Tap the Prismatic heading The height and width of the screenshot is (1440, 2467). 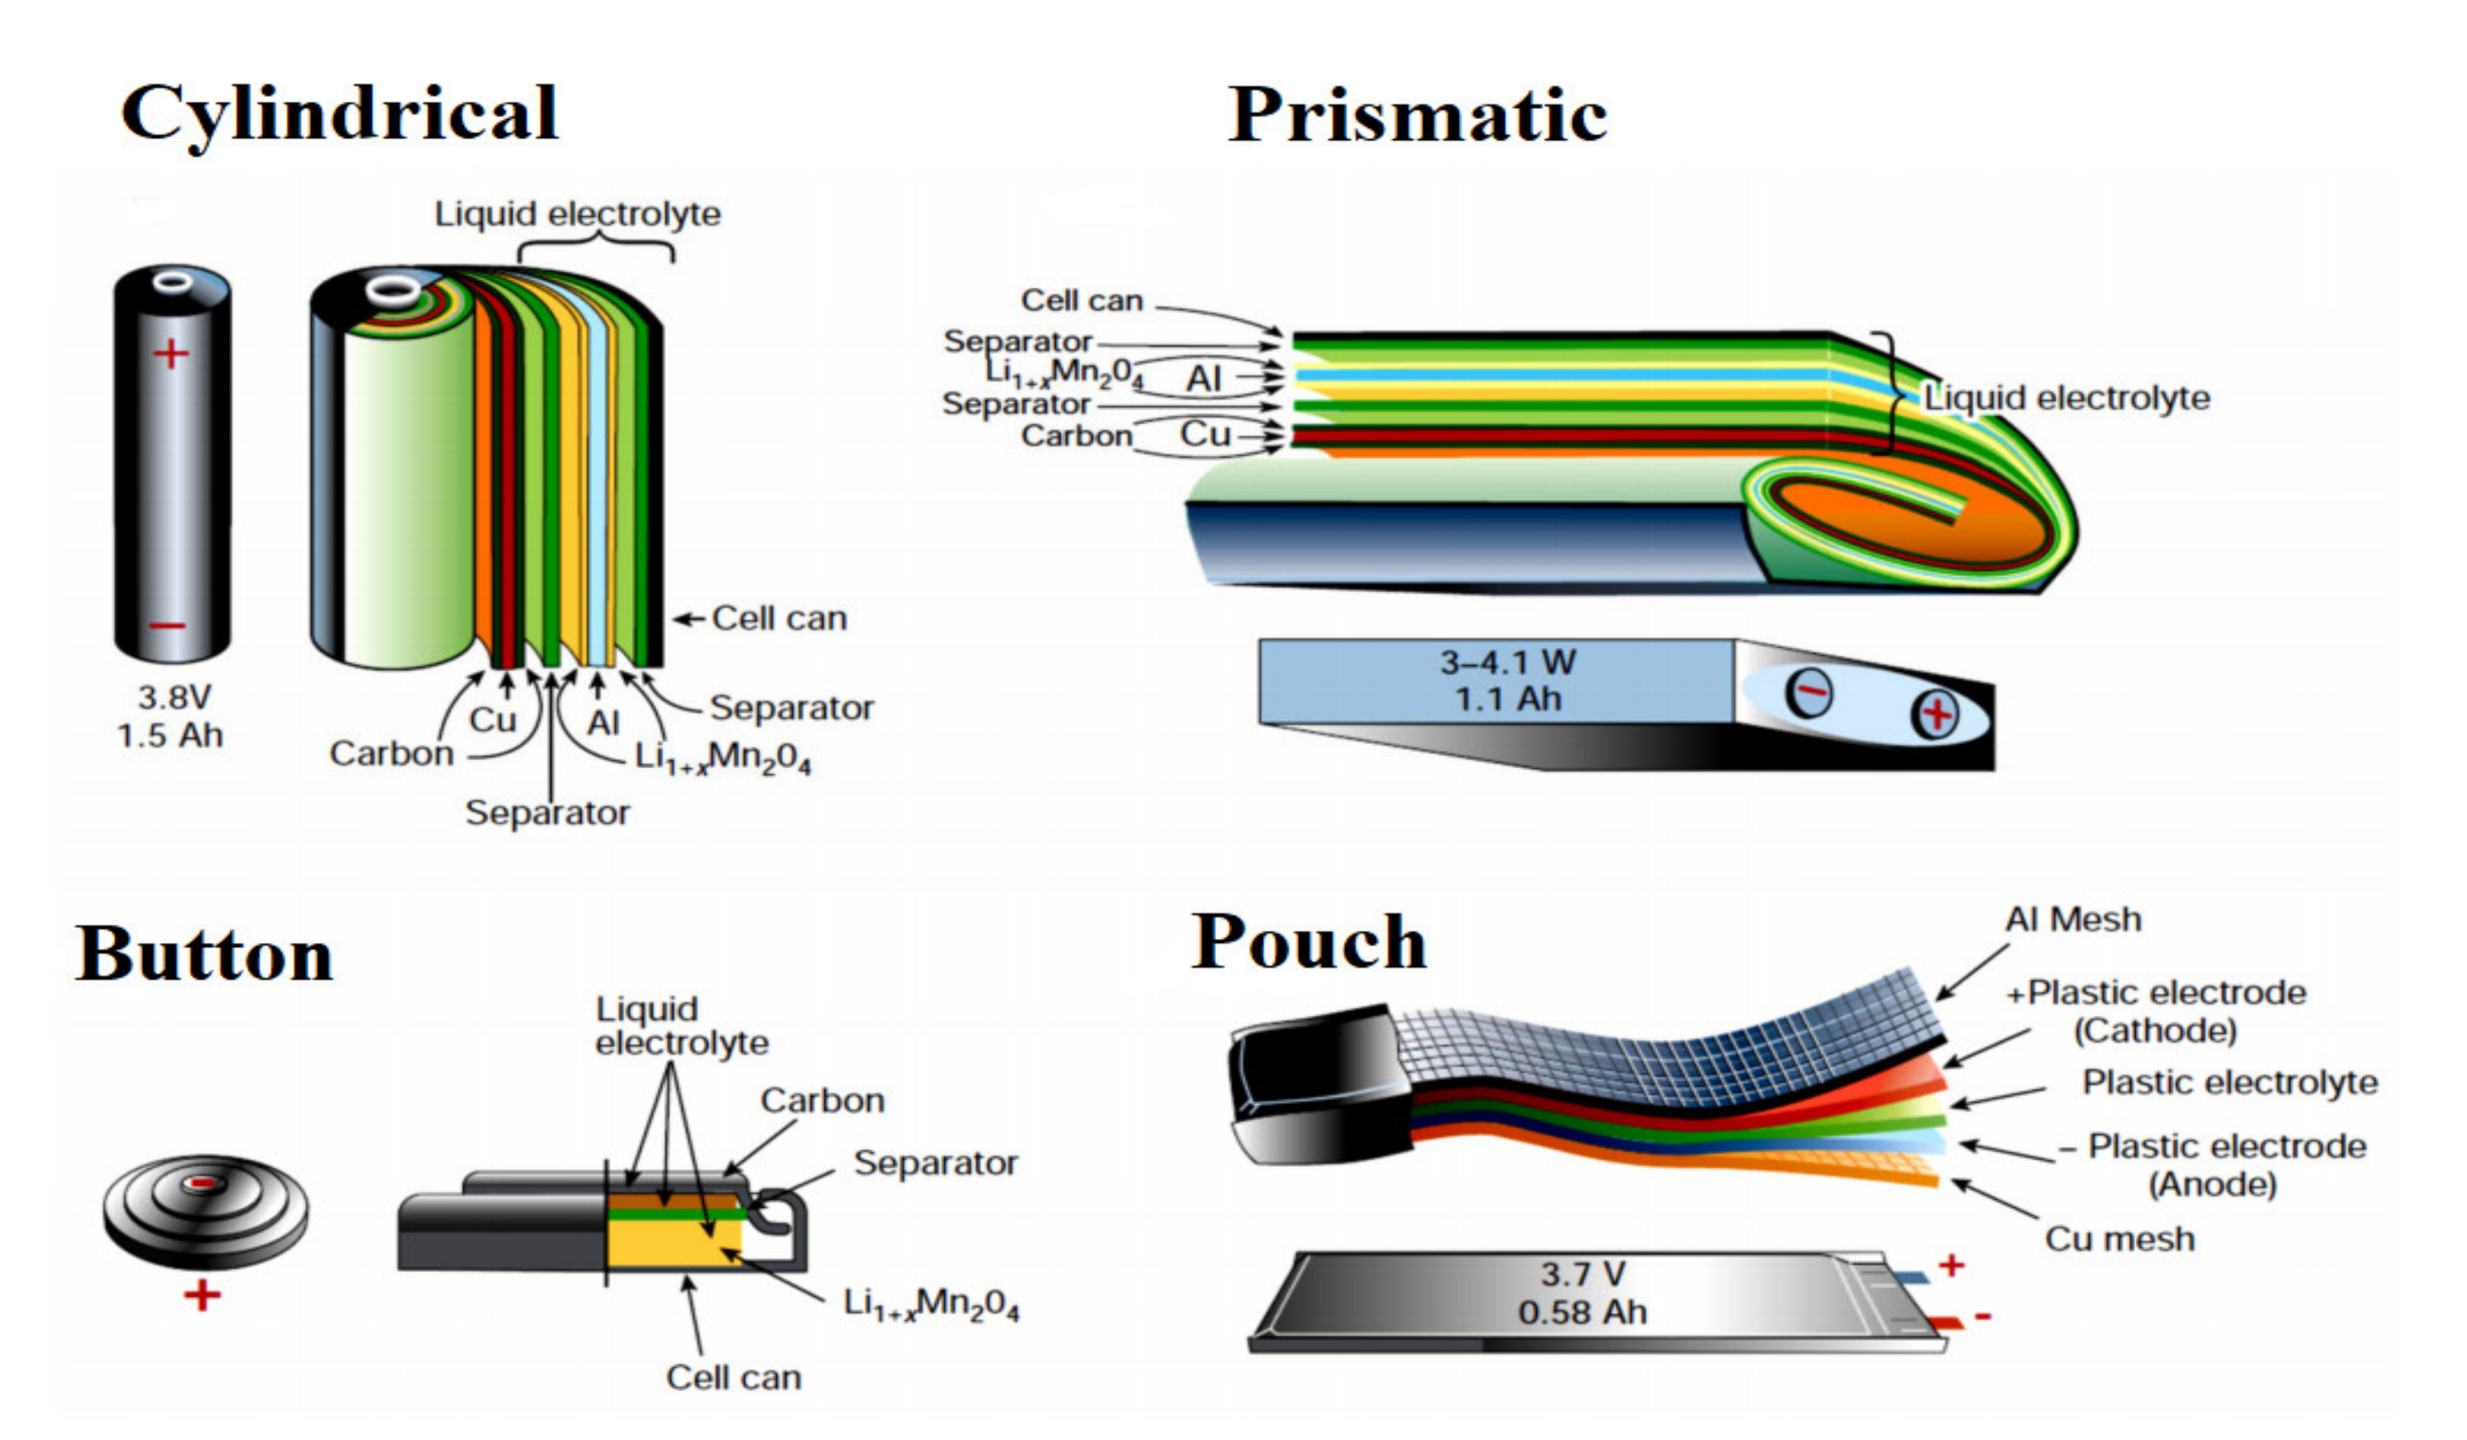coord(1416,115)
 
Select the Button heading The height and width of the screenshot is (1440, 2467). coord(205,953)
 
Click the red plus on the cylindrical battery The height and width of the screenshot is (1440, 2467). coord(172,353)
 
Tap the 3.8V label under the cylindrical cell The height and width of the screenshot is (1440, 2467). coord(173,698)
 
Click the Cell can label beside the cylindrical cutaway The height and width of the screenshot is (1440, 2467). coord(779,618)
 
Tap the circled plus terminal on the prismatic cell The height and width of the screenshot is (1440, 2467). coord(1935,714)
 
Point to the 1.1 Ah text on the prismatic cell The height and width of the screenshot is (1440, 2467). coord(1508,700)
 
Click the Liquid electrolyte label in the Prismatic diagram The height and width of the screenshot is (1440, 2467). coord(2066,398)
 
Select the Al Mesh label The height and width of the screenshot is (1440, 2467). coord(2072,920)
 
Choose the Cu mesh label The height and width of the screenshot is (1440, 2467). coord(2119,1240)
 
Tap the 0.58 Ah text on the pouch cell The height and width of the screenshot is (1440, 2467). coord(1582,1312)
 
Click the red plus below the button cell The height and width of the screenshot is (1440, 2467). coord(203,1296)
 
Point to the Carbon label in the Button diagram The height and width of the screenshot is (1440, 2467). coord(822,1100)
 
